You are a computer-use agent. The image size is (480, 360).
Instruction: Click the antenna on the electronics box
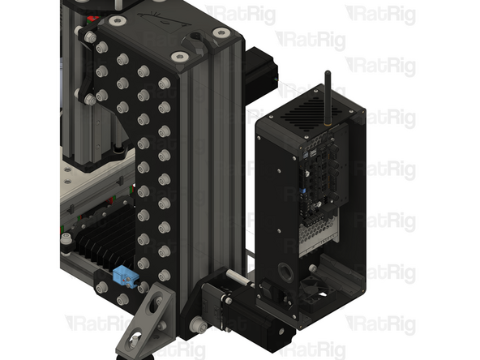[328, 99]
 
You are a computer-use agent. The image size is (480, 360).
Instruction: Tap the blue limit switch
[125, 275]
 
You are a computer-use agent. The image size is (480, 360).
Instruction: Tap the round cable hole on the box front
[286, 272]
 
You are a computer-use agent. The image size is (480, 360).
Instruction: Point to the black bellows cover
[104, 235]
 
